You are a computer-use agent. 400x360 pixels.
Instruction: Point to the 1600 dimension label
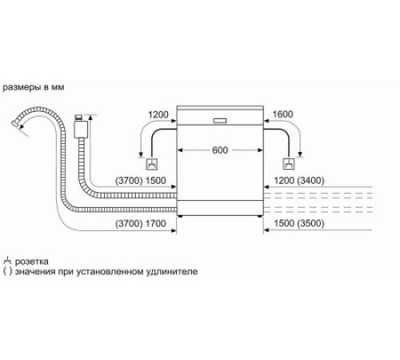click(x=283, y=115)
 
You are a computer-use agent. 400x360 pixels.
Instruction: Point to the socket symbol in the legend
click(x=7, y=261)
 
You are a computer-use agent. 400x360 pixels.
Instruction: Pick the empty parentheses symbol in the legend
click(x=7, y=272)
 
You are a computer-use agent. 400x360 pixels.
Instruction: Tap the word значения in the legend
click(x=35, y=272)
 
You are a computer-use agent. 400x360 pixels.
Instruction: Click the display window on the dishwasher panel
click(x=220, y=122)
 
